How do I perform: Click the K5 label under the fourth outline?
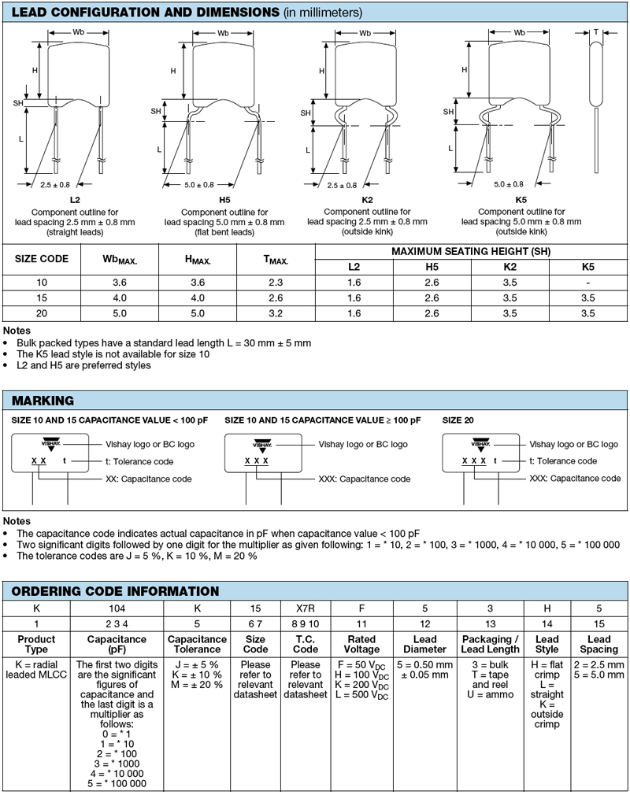click(521, 201)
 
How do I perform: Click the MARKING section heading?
click(43, 401)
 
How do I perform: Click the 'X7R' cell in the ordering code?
click(306, 609)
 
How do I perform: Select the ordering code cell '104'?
click(116, 609)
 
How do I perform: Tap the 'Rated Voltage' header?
click(361, 644)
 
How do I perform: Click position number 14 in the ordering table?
click(547, 623)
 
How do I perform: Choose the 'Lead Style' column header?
click(547, 644)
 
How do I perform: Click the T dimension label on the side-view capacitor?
click(595, 32)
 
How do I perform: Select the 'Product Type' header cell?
click(36, 644)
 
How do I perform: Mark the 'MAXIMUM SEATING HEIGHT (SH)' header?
click(471, 252)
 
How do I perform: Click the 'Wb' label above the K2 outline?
click(365, 33)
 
